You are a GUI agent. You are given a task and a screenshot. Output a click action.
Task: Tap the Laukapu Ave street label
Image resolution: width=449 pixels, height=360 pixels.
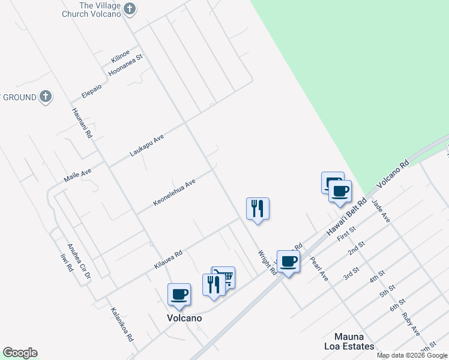[146, 146]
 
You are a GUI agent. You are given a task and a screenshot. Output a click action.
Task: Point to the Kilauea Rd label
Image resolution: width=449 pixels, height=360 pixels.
[168, 259]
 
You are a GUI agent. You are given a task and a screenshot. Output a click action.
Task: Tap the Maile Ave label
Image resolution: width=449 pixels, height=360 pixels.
[77, 176]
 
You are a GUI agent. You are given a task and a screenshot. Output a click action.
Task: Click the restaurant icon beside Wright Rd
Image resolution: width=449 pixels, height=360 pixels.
[258, 208]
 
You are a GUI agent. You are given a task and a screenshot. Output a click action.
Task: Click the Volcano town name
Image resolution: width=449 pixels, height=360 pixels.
[184, 318]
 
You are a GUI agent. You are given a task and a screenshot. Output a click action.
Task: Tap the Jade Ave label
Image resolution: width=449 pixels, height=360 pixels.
[381, 212]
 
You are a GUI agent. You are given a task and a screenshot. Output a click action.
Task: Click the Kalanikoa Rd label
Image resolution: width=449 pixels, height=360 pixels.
[122, 325]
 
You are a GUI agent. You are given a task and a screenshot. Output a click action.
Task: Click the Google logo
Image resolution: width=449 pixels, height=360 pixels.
[20, 353]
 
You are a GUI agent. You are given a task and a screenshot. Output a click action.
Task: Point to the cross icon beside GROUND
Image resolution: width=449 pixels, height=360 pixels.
[45, 97]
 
